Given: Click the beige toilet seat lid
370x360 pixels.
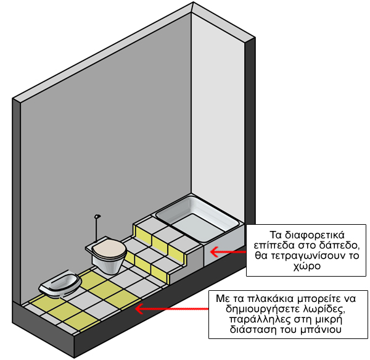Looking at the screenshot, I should click(107, 248).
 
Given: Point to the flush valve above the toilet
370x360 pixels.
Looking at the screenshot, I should click(97, 216).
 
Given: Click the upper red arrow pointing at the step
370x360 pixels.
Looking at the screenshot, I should click(228, 251).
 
